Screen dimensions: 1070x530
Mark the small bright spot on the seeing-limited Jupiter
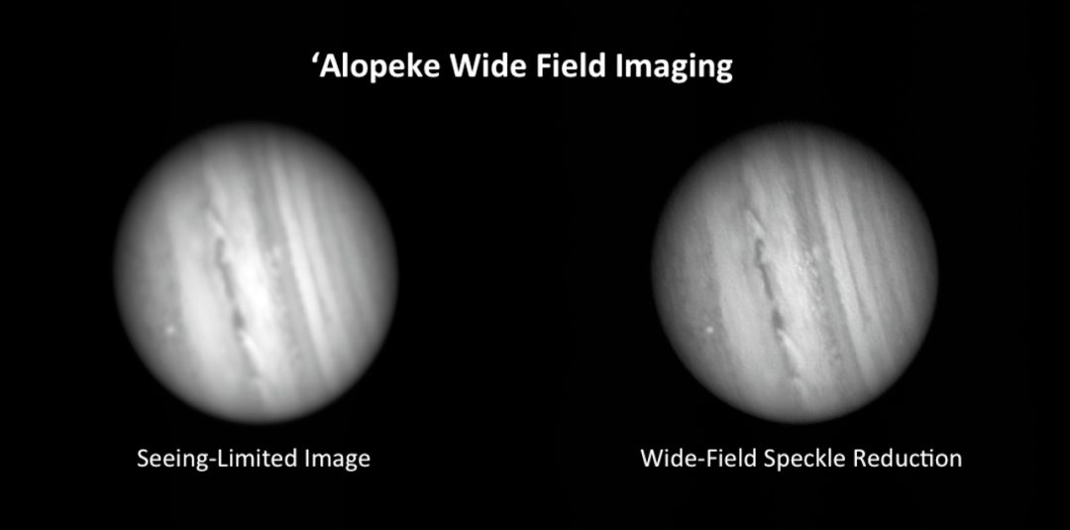click(x=169, y=331)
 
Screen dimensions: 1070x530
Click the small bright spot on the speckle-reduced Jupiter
click(x=709, y=330)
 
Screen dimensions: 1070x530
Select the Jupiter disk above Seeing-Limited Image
click(x=256, y=272)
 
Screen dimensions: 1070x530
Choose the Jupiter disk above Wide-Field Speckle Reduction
click(x=795, y=272)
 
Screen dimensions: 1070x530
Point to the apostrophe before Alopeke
click(x=316, y=60)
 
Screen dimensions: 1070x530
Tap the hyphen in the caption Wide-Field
click(x=702, y=461)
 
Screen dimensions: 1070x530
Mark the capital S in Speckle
click(x=771, y=459)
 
